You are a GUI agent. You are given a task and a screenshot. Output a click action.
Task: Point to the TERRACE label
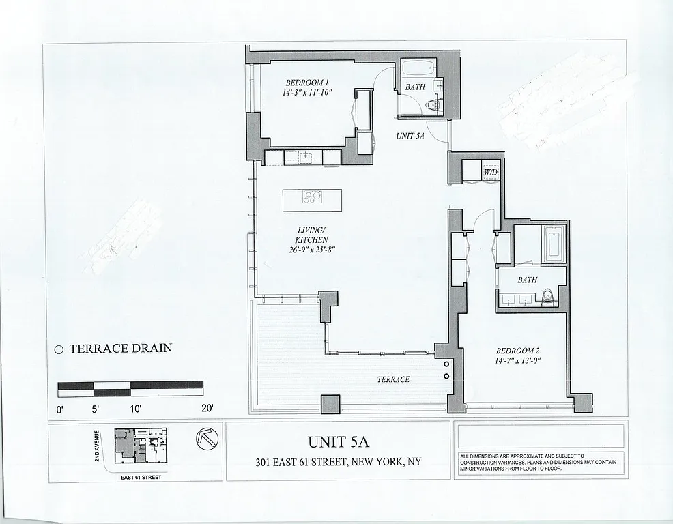click(x=393, y=379)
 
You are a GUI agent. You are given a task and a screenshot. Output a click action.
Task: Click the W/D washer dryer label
click(x=490, y=173)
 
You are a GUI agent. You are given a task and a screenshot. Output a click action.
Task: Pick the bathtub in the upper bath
click(x=417, y=70)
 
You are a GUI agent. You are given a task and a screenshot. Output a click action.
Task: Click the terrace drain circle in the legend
click(x=59, y=349)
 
